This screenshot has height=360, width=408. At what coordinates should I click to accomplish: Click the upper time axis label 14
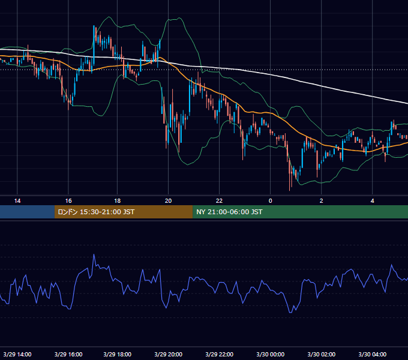pyautogui.click(x=17, y=201)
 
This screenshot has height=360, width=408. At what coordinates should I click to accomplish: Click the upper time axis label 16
pyautogui.click(x=68, y=201)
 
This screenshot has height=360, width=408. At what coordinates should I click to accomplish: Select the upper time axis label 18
pyautogui.click(x=118, y=201)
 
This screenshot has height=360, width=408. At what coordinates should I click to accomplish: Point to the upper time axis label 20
pyautogui.click(x=169, y=201)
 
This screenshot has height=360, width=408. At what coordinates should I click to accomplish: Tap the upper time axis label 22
pyautogui.click(x=220, y=201)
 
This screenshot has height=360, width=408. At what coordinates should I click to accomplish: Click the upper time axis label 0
pyautogui.click(x=271, y=201)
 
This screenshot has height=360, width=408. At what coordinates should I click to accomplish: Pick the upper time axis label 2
pyautogui.click(x=322, y=201)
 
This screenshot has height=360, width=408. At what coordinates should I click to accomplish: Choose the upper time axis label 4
pyautogui.click(x=373, y=201)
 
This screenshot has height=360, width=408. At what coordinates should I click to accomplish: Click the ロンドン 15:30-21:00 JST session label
pyautogui.click(x=96, y=212)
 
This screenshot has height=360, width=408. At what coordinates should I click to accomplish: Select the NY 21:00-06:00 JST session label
pyautogui.click(x=229, y=212)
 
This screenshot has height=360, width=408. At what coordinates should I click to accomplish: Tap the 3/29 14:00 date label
pyautogui.click(x=17, y=354)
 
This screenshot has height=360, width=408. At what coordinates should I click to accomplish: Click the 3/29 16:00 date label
pyautogui.click(x=68, y=354)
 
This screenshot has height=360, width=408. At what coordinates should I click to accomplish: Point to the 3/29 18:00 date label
pyautogui.click(x=118, y=354)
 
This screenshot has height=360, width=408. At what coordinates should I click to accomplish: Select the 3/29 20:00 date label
pyautogui.click(x=169, y=354)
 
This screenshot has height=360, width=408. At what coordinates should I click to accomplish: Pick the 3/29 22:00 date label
pyautogui.click(x=220, y=354)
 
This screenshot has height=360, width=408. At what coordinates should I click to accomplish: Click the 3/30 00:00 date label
pyautogui.click(x=271, y=354)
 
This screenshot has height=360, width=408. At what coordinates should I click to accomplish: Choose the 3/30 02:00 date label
pyautogui.click(x=322, y=354)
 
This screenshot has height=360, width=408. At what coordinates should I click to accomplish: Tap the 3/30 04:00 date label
pyautogui.click(x=373, y=354)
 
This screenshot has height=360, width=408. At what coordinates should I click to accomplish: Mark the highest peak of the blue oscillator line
pyautogui.click(x=94, y=254)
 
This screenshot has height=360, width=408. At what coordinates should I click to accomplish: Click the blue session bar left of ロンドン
pyautogui.click(x=27, y=212)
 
